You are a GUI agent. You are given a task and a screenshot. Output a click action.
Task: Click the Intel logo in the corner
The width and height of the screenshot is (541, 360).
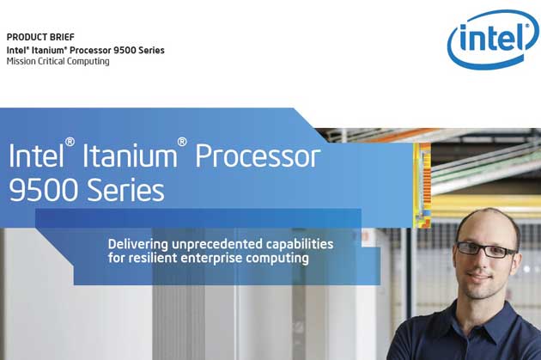[493, 39]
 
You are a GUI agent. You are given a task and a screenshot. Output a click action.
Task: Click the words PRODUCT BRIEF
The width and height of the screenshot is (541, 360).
[40, 37]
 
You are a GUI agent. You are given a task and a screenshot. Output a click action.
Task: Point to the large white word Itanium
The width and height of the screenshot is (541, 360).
[130, 156]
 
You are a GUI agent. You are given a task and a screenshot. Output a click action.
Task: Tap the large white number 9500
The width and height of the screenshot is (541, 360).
[43, 190]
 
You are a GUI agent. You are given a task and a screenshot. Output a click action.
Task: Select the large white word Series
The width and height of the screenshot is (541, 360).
[125, 190]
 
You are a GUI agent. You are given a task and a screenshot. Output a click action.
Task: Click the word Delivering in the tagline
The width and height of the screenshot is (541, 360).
[138, 244]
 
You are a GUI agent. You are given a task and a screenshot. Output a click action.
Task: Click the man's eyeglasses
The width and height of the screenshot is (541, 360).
[487, 249]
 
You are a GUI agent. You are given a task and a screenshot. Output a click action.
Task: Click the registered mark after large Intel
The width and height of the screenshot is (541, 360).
[70, 142]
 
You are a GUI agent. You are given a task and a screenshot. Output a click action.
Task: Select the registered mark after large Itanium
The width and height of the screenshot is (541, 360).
[182, 142]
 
